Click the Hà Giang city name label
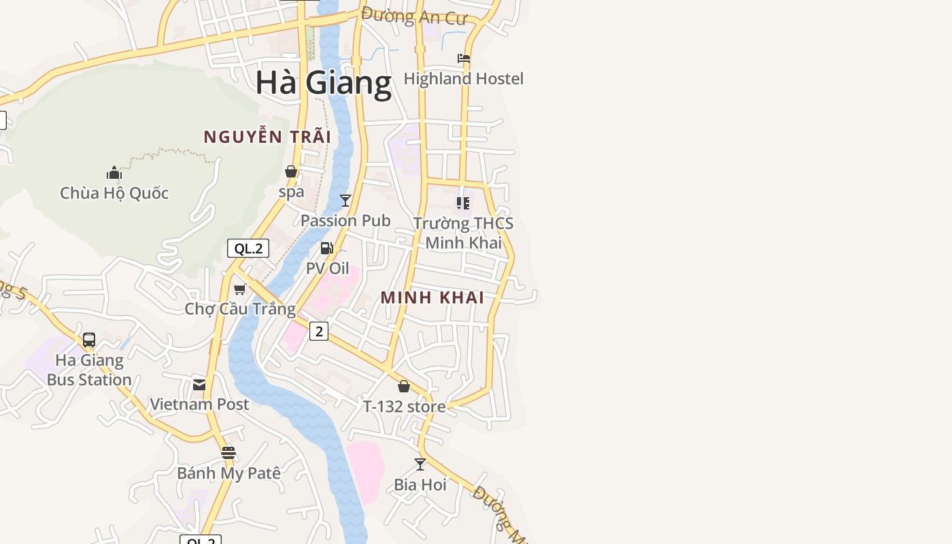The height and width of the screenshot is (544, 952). pyautogui.click(x=324, y=82)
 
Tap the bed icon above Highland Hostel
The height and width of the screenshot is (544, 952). pyautogui.click(x=464, y=58)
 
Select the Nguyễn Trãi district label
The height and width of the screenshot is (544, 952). pyautogui.click(x=267, y=137)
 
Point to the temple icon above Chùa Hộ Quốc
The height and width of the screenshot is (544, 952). pyautogui.click(x=114, y=173)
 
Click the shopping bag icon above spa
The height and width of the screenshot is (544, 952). pyautogui.click(x=291, y=171)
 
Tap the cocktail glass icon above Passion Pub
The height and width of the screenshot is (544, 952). pyautogui.click(x=345, y=200)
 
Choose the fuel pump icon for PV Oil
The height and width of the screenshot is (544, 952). pyautogui.click(x=327, y=248)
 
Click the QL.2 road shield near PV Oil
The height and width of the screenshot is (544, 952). pyautogui.click(x=248, y=248)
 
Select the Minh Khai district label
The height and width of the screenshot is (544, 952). pyautogui.click(x=432, y=297)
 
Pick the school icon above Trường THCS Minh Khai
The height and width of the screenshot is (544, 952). pyautogui.click(x=463, y=203)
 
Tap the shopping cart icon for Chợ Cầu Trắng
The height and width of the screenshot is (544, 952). pyautogui.click(x=239, y=290)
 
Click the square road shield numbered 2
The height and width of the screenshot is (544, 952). pyautogui.click(x=318, y=331)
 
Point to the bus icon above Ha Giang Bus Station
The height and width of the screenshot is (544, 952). pyautogui.click(x=89, y=340)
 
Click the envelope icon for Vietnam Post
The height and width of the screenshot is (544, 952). pyautogui.click(x=199, y=385)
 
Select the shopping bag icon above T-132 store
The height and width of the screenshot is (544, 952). pyautogui.click(x=404, y=386)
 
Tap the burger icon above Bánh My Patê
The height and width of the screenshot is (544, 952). pyautogui.click(x=228, y=453)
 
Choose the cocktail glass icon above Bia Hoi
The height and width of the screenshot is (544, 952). pyautogui.click(x=420, y=464)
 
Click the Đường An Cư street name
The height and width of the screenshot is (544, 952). pyautogui.click(x=414, y=16)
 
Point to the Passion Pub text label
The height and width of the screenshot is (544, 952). pyautogui.click(x=345, y=220)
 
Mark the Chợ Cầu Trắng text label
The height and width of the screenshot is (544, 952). pyautogui.click(x=240, y=309)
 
